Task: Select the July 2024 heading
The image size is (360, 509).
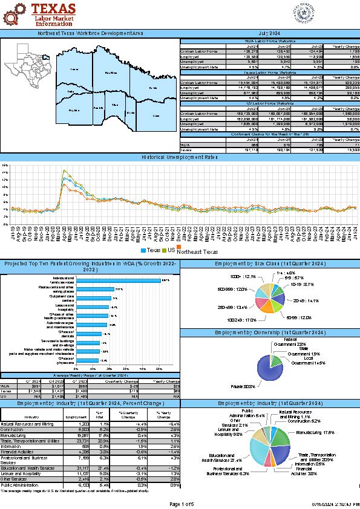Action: (x=269, y=33)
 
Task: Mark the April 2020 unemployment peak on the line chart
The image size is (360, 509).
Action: (x=64, y=172)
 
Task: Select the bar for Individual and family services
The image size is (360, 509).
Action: (x=117, y=280)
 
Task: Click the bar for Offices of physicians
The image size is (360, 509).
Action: (x=87, y=360)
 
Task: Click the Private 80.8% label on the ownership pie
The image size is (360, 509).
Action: (x=243, y=385)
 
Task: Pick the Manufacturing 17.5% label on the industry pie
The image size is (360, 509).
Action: (x=321, y=432)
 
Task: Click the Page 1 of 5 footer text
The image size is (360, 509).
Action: (x=182, y=504)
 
